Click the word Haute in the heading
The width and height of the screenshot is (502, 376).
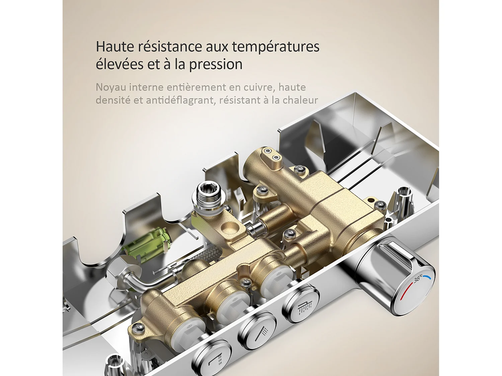click(x=115, y=46)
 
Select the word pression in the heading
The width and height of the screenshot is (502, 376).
click(x=216, y=65)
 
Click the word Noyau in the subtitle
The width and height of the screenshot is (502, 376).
click(x=110, y=88)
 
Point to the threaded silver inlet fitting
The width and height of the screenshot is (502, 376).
click(x=210, y=197)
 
